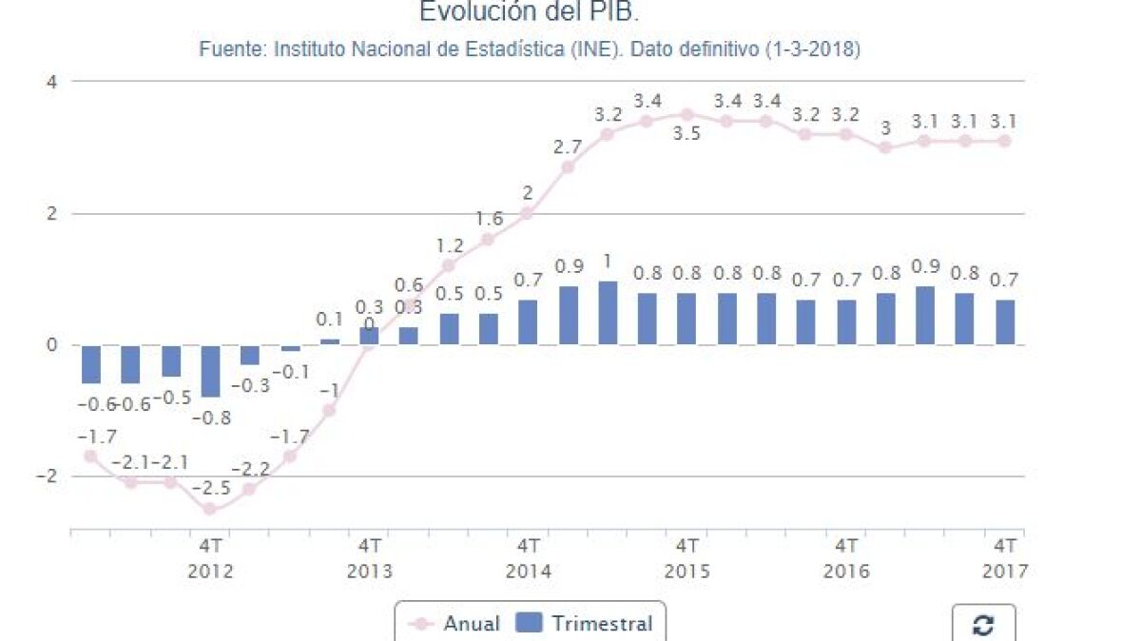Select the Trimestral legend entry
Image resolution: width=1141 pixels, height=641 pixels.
(x=585, y=624)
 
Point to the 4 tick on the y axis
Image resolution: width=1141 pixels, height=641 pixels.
(x=52, y=82)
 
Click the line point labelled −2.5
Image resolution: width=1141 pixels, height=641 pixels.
(x=210, y=509)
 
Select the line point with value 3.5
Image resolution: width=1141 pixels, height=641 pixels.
(x=687, y=114)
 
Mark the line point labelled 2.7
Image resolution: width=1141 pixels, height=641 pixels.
(x=568, y=167)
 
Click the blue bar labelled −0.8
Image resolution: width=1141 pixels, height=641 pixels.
(x=210, y=371)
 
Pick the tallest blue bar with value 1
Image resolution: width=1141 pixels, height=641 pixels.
(x=608, y=313)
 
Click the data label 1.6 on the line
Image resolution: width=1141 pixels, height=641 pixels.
(x=489, y=220)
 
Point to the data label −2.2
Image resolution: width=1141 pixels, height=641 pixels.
(x=250, y=469)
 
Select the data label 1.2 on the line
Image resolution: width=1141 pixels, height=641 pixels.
(x=449, y=245)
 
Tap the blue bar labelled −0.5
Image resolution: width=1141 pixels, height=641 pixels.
(x=171, y=361)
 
